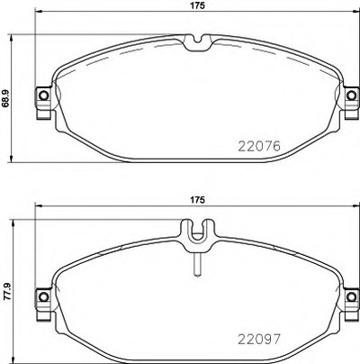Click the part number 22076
pos(259,146)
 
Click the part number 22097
pos(259,340)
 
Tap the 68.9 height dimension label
pos(5,97)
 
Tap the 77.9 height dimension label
pos(6,291)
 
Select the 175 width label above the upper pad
pos(197,5)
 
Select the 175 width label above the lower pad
pos(197,199)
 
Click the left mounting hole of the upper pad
pos(44,96)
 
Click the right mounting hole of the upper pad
pos(351,96)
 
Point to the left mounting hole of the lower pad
pos(44,296)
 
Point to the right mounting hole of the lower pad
pos(351,296)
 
